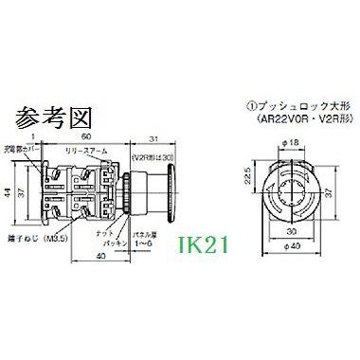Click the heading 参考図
point(45,118)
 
